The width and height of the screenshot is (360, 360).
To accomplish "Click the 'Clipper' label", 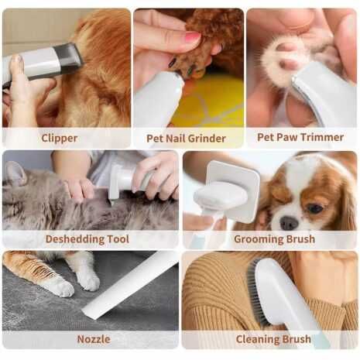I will [x=60, y=138].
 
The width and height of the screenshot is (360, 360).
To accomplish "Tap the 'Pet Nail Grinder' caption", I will [x=186, y=139].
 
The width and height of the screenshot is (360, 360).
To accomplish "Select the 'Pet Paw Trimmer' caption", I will [x=300, y=138].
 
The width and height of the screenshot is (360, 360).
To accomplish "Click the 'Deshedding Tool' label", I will [x=87, y=238].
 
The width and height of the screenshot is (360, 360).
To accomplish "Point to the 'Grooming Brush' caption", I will [x=274, y=238].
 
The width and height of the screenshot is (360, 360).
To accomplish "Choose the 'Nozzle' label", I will [x=93, y=339].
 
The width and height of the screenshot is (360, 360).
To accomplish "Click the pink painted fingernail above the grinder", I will [x=191, y=36].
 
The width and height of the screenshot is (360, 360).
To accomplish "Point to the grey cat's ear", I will [x=13, y=175].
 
